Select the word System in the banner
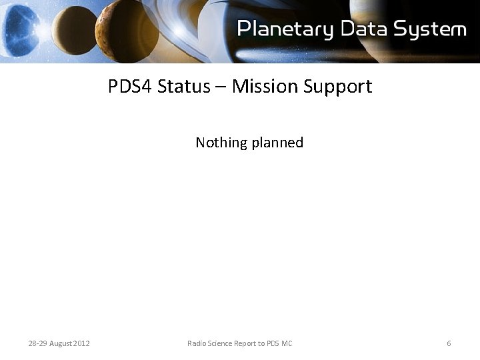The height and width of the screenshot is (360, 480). [x=431, y=29]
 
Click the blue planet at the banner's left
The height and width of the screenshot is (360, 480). [x=20, y=30]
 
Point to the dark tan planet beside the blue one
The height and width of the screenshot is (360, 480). [x=74, y=30]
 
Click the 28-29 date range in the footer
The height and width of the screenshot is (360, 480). [x=38, y=343]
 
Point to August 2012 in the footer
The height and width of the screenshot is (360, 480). [x=70, y=343]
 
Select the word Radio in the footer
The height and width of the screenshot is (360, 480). [x=197, y=343]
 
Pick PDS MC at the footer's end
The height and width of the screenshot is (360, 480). [x=280, y=343]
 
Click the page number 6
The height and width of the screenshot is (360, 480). [x=449, y=343]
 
